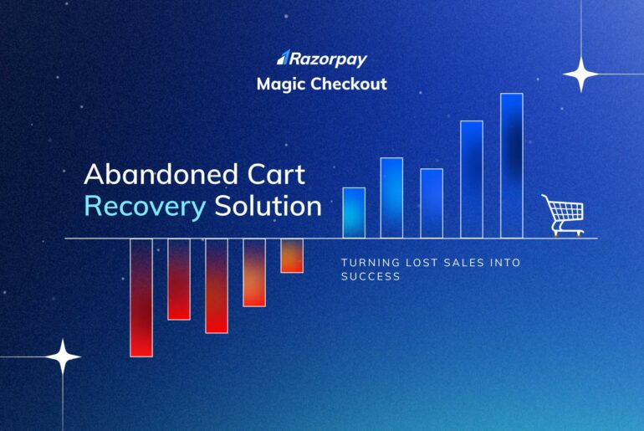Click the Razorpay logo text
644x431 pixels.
point(328,59)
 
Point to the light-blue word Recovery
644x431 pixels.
point(145,207)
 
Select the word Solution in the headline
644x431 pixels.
point(268,207)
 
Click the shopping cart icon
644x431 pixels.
point(562,214)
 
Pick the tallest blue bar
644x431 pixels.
point(511,165)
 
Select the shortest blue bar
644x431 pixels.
point(354,213)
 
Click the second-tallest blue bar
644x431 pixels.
point(472,179)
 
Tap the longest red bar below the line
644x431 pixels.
point(141,297)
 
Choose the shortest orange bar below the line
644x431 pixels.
point(291,255)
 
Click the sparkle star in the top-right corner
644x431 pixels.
point(581,74)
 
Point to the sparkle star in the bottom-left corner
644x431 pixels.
point(63,357)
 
